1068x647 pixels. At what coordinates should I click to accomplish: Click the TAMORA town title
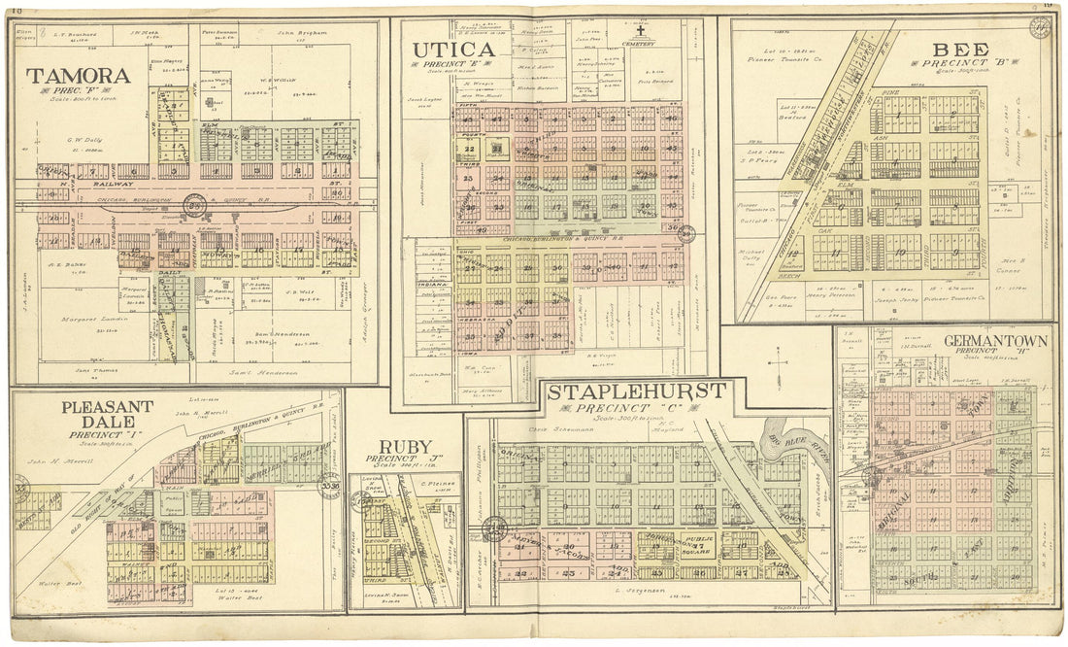78,76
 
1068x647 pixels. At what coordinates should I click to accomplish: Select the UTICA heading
453,49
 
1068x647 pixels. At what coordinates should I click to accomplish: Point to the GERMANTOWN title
994,341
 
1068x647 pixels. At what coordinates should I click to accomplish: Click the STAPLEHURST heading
635,392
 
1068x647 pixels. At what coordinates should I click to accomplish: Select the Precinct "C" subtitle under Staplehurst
635,409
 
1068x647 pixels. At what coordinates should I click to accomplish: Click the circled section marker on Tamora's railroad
197,205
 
